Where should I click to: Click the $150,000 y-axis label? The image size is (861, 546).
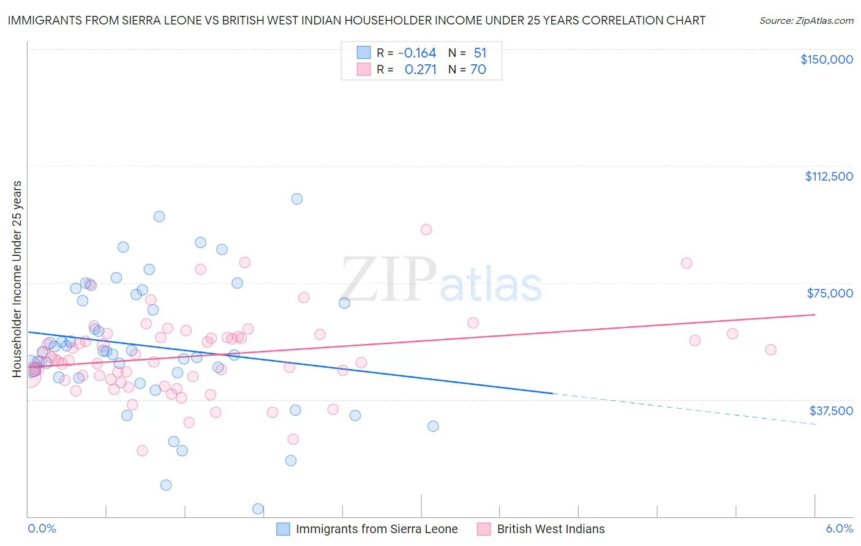(x=826, y=59)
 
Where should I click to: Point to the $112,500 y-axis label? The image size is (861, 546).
(x=829, y=176)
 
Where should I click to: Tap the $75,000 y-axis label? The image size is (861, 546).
(x=830, y=293)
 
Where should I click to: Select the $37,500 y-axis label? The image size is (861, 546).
(x=831, y=411)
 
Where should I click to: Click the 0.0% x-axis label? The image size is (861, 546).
(x=42, y=529)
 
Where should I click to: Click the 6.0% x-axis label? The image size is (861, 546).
(x=839, y=529)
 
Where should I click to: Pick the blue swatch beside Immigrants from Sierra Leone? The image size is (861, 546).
(x=283, y=529)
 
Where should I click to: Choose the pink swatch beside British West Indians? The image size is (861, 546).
(x=484, y=529)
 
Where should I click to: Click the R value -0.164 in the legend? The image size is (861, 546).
(x=417, y=53)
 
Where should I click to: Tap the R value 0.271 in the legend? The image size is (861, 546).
(x=421, y=70)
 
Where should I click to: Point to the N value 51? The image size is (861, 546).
(x=480, y=53)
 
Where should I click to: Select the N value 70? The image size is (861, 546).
(x=478, y=70)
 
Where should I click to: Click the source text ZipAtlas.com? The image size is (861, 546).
(x=806, y=21)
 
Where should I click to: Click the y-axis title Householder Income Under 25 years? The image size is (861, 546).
(x=17, y=279)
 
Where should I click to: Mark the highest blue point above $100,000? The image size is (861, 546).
(x=297, y=199)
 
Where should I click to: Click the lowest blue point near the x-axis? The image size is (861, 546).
(x=258, y=509)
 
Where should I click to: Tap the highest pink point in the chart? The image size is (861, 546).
(x=426, y=230)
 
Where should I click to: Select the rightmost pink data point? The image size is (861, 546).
(x=770, y=350)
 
